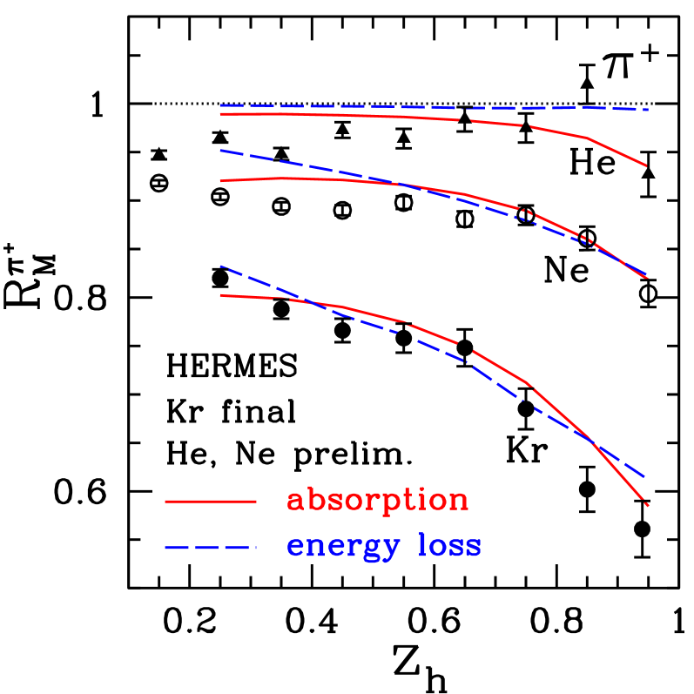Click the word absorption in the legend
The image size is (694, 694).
(377, 500)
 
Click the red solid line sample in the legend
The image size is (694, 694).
(211, 502)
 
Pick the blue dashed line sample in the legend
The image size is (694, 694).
(211, 548)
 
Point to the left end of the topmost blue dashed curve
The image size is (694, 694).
(220, 105)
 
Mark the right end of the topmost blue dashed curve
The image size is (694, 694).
(649, 110)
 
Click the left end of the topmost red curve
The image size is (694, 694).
(220, 113)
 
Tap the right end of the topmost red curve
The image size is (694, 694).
(647, 165)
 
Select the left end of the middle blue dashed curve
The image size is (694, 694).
(220, 151)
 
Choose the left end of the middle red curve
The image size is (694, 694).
(220, 180)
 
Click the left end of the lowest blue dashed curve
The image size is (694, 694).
(220, 266)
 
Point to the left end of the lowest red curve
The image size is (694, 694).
(220, 295)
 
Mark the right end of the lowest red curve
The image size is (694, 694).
(648, 505)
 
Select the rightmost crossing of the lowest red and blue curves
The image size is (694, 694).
(593, 441)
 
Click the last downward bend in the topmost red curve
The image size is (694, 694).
(587, 138)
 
